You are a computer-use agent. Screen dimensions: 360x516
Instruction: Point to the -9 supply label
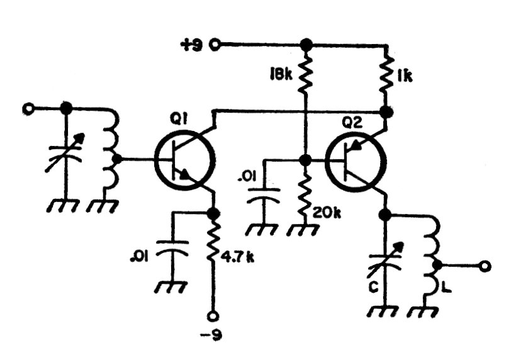(213, 333)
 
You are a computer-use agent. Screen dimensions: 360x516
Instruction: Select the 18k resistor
(306, 75)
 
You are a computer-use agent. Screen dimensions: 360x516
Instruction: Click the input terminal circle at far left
(27, 108)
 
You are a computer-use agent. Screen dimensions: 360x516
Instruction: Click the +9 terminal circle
(217, 45)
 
